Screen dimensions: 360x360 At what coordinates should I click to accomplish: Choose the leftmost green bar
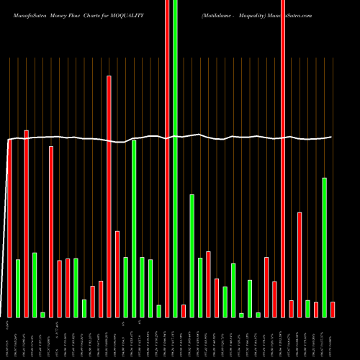(x=18, y=288)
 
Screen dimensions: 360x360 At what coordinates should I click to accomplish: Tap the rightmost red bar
(x=333, y=309)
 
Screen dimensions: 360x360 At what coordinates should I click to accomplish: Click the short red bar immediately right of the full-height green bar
(x=184, y=310)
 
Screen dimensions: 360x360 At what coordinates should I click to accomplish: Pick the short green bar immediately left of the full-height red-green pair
(x=159, y=310)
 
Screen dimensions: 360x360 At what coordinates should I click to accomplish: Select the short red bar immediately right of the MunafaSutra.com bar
(x=291, y=308)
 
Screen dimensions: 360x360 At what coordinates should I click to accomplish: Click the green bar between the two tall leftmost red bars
(x=35, y=284)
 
